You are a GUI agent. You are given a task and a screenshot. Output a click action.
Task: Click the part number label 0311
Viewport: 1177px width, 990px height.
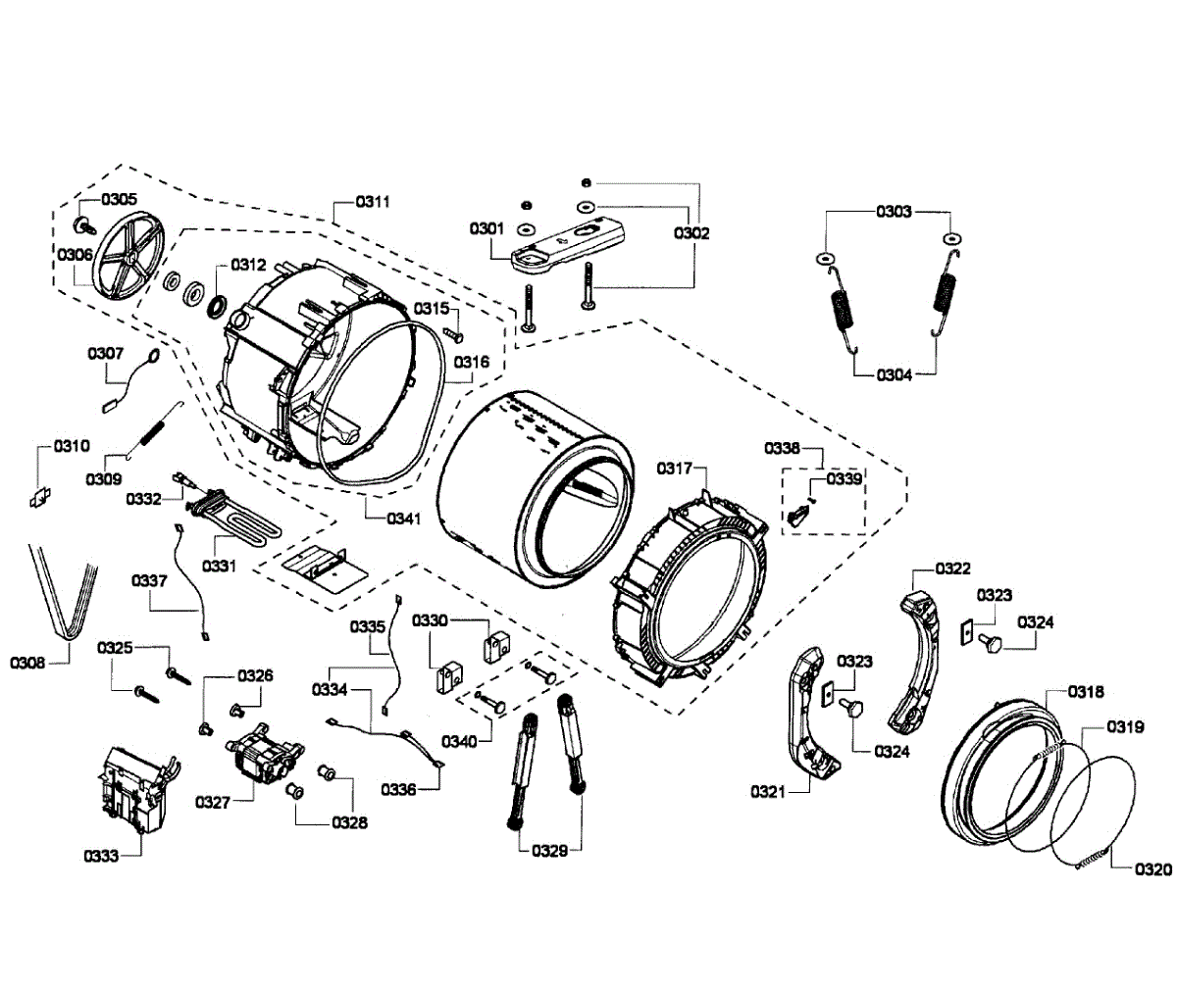point(373,202)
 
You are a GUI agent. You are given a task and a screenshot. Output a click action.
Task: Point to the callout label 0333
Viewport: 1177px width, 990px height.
point(101,856)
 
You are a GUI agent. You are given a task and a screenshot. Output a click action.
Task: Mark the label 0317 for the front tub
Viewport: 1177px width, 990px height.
point(675,469)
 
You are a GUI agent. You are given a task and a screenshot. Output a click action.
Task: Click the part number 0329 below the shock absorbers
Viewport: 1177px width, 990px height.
point(550,850)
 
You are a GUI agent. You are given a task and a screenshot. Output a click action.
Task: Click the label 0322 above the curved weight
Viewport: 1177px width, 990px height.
point(952,569)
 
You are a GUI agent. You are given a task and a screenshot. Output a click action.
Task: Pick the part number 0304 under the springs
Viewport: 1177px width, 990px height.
point(894,374)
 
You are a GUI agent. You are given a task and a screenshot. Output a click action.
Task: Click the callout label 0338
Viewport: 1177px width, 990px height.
point(783,448)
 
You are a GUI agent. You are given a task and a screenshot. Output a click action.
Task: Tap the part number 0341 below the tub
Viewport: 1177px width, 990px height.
point(403,519)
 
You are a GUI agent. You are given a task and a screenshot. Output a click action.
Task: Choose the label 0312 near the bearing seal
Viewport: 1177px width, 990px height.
point(248,264)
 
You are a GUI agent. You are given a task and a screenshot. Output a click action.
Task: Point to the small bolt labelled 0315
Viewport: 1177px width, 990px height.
point(454,334)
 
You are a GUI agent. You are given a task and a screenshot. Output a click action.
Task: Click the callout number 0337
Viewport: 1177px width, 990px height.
point(149,580)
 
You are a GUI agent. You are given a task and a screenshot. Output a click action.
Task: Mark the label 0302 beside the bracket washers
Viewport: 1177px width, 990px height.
point(691,233)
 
